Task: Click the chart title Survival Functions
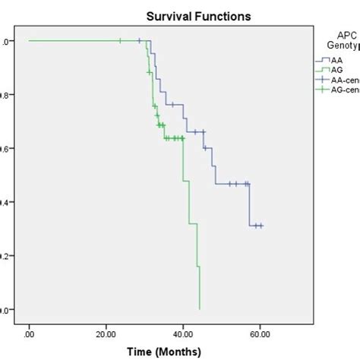(x=179, y=14)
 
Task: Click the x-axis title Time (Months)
(x=163, y=351)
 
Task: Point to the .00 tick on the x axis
(x=30, y=333)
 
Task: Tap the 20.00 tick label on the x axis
(x=106, y=333)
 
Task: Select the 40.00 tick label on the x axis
(x=183, y=333)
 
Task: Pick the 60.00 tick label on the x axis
(x=260, y=333)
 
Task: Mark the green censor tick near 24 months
(x=121, y=40)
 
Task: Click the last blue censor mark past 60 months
(x=261, y=226)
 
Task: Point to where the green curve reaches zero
(x=200, y=309)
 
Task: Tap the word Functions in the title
(x=205, y=14)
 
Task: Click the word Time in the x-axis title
(x=141, y=351)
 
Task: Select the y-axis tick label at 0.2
(x=5, y=256)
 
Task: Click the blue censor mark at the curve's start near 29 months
(x=140, y=40)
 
